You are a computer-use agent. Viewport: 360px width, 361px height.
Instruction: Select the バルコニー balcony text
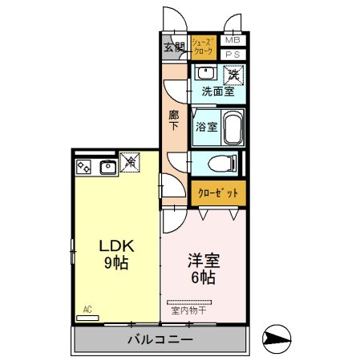click(x=160, y=340)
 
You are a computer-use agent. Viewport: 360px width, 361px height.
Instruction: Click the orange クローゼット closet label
click(x=217, y=193)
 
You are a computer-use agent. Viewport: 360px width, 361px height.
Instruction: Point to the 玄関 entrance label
click(x=174, y=47)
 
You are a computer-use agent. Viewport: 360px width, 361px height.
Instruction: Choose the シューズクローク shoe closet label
click(x=204, y=46)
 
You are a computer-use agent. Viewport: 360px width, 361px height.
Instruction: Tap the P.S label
click(x=232, y=54)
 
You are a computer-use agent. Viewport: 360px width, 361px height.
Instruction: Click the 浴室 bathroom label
click(x=205, y=126)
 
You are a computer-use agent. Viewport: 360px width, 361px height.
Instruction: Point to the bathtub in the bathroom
click(x=232, y=127)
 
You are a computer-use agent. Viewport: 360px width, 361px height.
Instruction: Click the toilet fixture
click(x=221, y=164)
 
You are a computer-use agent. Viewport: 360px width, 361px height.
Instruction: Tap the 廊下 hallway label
click(x=174, y=120)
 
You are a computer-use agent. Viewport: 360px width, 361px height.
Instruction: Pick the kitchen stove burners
click(x=85, y=168)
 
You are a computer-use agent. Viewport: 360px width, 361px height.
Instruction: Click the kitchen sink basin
click(x=107, y=168)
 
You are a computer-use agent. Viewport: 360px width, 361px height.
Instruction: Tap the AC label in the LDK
click(x=87, y=310)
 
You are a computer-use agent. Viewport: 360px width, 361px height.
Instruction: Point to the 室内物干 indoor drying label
click(x=189, y=310)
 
